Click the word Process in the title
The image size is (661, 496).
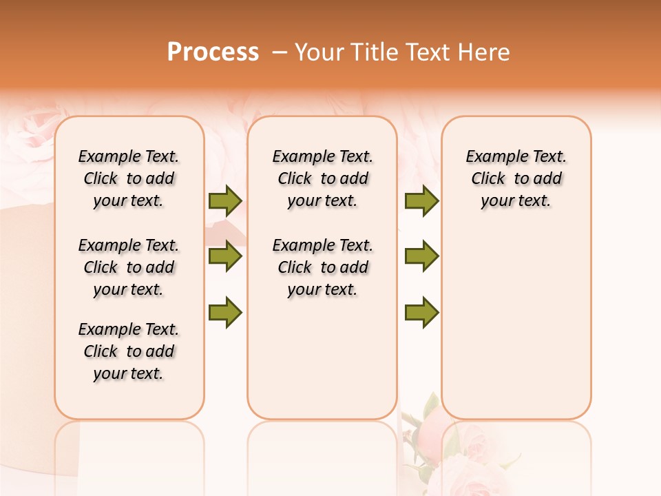pos(213,52)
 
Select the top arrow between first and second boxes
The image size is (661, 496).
pos(225,200)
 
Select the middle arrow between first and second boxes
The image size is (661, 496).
pos(225,256)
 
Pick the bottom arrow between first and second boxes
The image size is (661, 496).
pos(225,312)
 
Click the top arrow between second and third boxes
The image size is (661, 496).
pos(421,200)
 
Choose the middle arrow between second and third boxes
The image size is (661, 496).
pos(421,256)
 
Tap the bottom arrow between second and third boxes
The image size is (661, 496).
pos(421,312)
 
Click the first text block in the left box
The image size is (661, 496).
pos(129,178)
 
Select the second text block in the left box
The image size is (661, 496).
pos(129,267)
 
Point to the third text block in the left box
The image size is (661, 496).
pos(129,351)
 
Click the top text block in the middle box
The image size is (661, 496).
pos(322,178)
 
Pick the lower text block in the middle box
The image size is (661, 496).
pos(322,267)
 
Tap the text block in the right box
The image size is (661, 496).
pos(516,178)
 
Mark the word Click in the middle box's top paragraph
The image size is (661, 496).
pos(295,179)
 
